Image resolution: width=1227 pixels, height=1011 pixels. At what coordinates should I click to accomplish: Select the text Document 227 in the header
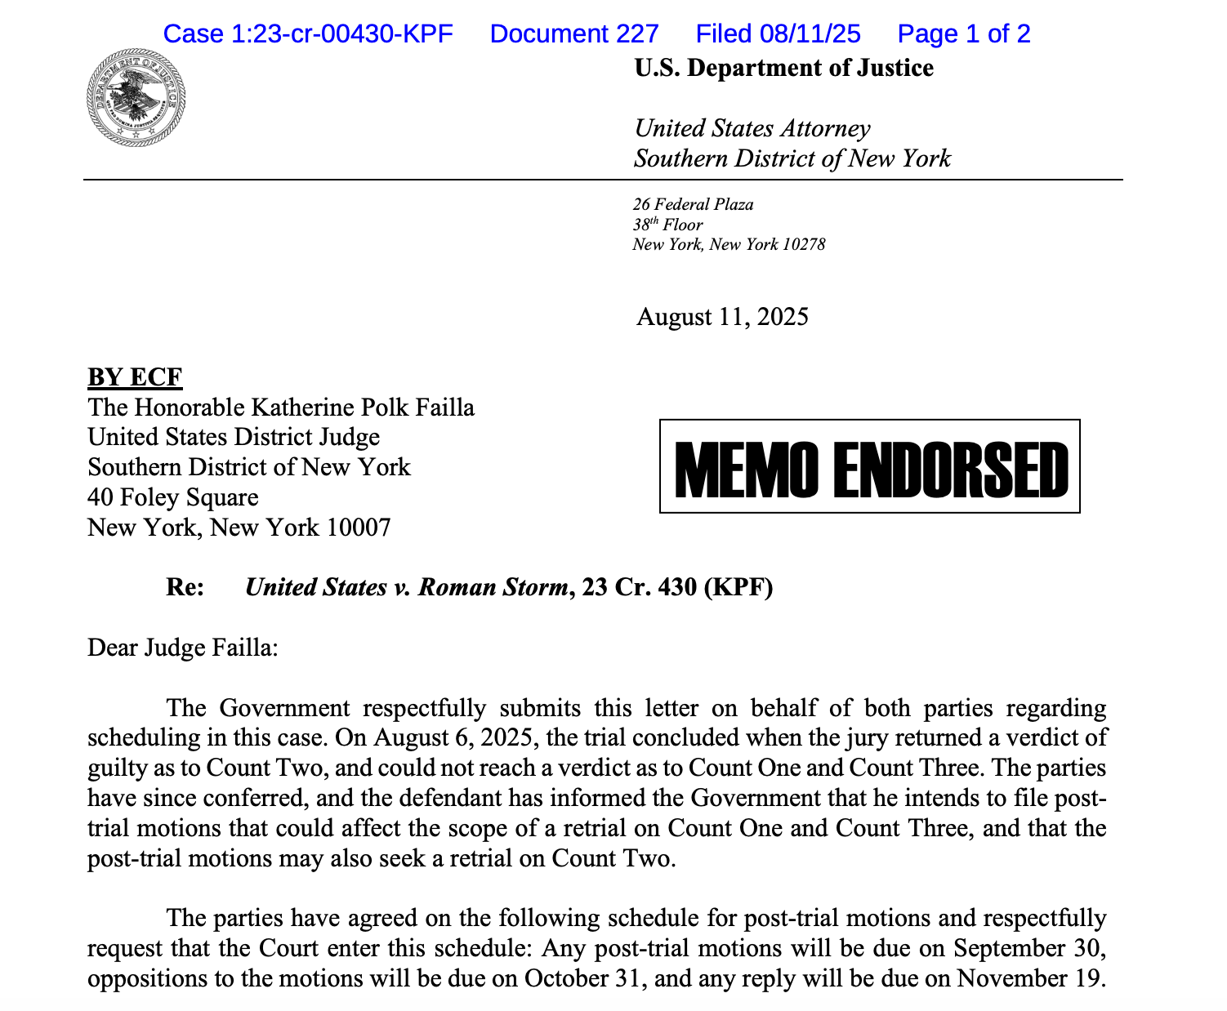[574, 33]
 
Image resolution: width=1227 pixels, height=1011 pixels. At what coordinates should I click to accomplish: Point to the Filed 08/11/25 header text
[778, 33]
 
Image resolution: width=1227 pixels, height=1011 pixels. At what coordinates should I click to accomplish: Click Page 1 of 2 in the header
[964, 33]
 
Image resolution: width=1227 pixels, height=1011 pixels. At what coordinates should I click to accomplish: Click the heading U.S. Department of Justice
[783, 68]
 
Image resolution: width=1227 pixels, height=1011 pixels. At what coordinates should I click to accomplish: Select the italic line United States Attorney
[752, 128]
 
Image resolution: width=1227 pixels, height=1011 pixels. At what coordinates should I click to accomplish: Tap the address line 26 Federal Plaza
[693, 204]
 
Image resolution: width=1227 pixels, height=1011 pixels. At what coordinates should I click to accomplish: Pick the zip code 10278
[804, 244]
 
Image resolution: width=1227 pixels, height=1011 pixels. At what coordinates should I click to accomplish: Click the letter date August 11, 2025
[722, 317]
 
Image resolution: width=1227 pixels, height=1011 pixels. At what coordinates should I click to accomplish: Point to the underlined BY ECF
[135, 377]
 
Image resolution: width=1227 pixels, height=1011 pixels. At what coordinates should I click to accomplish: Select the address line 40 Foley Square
[173, 497]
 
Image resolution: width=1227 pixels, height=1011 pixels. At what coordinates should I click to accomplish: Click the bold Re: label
[185, 587]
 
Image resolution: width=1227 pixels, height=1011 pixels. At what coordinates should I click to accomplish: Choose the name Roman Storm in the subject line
[493, 587]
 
